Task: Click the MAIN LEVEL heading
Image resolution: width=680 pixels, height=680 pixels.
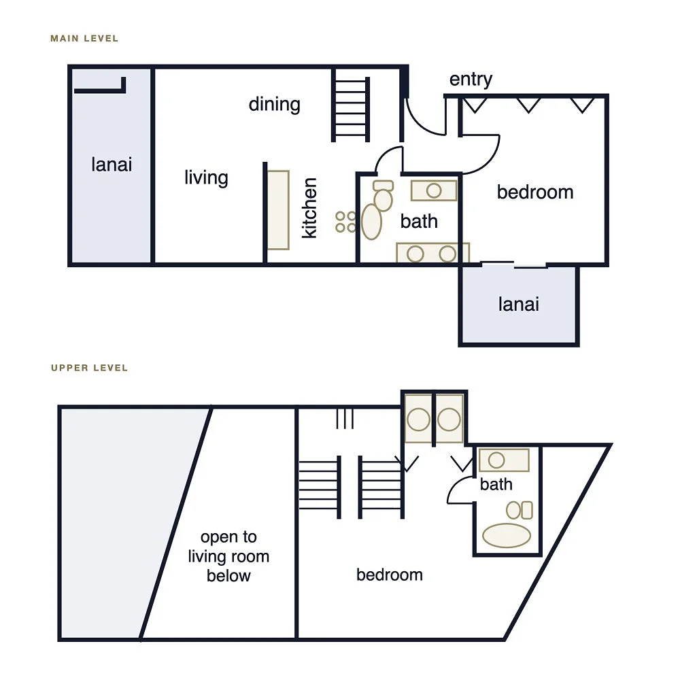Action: coord(84,39)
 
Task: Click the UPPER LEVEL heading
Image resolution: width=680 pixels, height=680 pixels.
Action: coord(89,368)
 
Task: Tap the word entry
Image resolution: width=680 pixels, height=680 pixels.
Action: coord(471,80)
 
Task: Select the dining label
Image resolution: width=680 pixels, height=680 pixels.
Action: coord(275,104)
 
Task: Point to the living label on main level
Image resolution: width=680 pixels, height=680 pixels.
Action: coord(206,177)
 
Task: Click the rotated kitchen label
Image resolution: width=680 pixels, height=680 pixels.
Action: coord(309,207)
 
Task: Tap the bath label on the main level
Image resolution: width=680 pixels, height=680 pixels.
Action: coord(418,221)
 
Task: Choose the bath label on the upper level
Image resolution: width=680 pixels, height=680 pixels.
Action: coord(496,484)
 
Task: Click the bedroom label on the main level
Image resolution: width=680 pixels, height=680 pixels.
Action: coord(535,192)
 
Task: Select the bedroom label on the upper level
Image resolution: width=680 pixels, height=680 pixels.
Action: coord(390,575)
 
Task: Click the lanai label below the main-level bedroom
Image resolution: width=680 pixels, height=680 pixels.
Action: coord(519,305)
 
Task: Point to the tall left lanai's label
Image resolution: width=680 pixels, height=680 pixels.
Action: coord(112,165)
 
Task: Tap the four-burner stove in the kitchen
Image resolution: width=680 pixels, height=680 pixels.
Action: coord(345,222)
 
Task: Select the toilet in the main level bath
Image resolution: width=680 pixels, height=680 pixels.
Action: coord(383,195)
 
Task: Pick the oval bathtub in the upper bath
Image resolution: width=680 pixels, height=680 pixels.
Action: coord(507,535)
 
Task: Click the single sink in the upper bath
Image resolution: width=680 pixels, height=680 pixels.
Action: coord(504,460)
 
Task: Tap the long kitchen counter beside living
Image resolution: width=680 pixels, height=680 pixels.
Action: coord(278,210)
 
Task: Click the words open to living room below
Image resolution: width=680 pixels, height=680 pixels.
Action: coord(228,556)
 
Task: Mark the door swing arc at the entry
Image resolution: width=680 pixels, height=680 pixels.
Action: coord(420,124)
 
